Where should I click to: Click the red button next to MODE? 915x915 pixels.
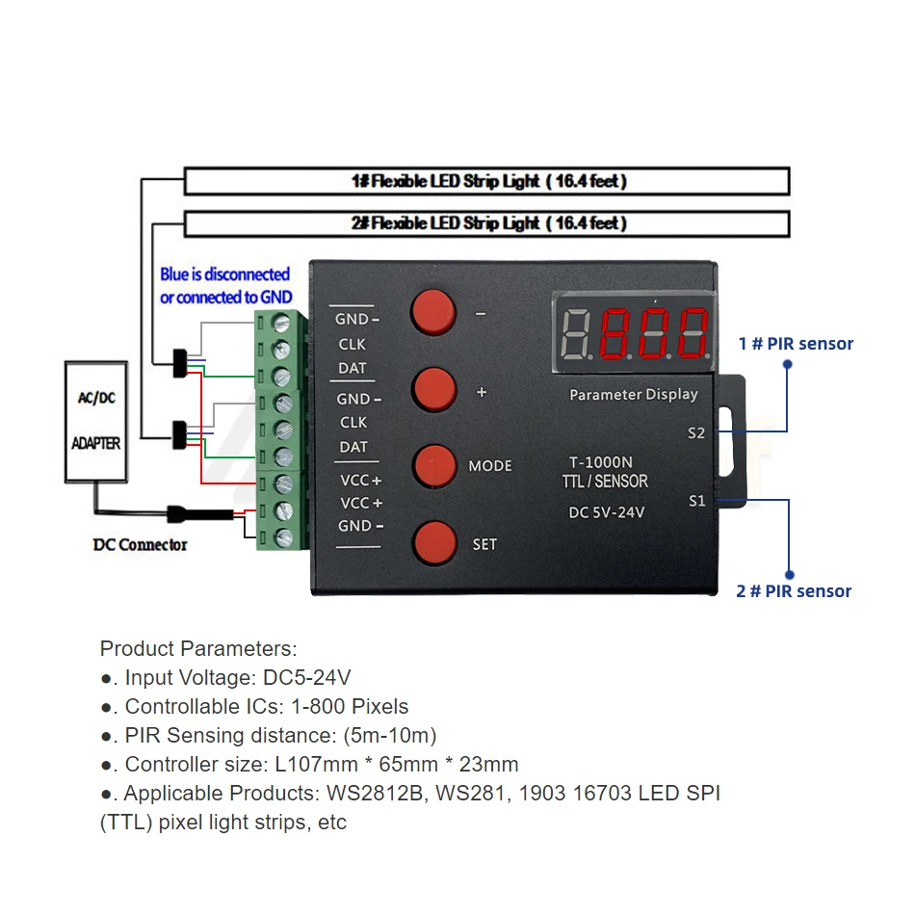[x=434, y=466]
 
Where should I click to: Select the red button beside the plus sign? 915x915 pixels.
[x=433, y=389]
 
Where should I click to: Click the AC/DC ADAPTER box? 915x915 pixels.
[x=96, y=421]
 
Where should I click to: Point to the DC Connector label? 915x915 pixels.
[x=140, y=545]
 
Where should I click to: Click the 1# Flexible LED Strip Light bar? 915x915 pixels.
[x=486, y=181]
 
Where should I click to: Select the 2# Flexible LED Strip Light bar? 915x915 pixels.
[x=486, y=223]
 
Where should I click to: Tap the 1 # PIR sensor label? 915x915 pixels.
[x=796, y=343]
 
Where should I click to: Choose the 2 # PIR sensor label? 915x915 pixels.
[x=794, y=591]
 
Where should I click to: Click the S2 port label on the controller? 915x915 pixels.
[x=696, y=432]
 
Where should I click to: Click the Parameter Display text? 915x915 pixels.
[x=633, y=395]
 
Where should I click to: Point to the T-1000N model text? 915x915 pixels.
[x=600, y=462]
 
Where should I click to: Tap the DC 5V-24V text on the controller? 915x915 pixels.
[x=607, y=512]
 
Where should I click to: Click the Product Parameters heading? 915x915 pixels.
[x=198, y=648]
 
